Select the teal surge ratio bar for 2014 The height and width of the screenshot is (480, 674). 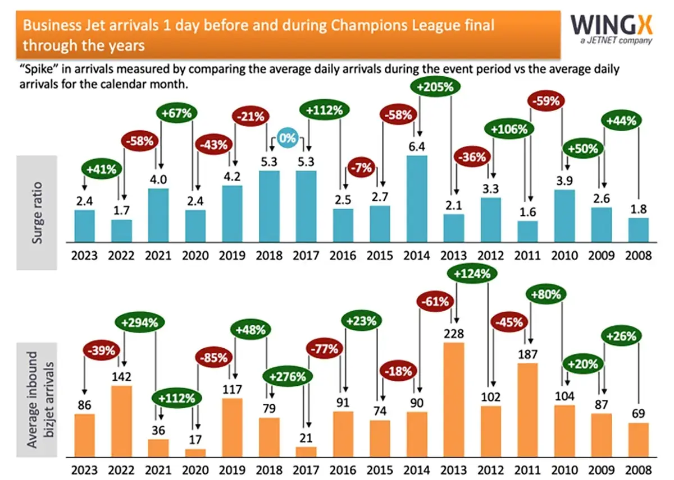pyautogui.click(x=416, y=199)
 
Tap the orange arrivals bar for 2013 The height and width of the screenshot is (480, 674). pyautogui.click(x=453, y=399)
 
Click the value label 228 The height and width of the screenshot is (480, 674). pyautogui.click(x=453, y=334)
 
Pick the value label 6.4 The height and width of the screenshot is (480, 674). pyautogui.click(x=416, y=147)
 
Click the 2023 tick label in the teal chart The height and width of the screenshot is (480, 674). pyautogui.click(x=84, y=256)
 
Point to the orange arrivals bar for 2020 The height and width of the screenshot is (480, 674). pyautogui.click(x=195, y=452)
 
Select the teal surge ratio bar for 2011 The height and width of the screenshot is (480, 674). pyautogui.click(x=527, y=231)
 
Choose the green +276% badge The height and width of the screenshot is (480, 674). pyautogui.click(x=286, y=376)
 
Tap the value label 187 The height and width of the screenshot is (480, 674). pyautogui.click(x=527, y=354)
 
